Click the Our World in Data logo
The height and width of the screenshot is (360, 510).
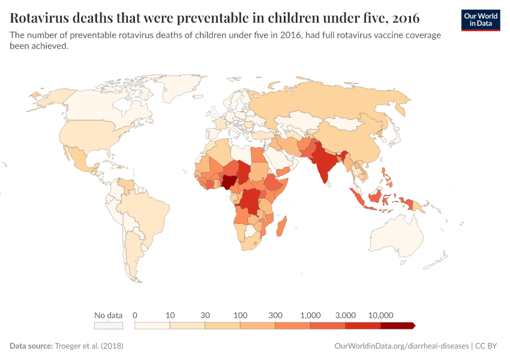pos(480,20)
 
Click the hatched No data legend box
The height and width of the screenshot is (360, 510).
pos(109,326)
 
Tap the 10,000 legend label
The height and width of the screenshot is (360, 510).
pos(380,315)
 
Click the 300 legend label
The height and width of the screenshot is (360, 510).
pos(275,315)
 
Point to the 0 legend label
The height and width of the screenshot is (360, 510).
pos(135,315)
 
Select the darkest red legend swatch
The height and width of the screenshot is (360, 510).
pos(397,326)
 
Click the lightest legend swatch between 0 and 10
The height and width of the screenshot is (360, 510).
pos(152,326)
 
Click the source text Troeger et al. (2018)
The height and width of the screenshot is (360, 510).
pos(89,346)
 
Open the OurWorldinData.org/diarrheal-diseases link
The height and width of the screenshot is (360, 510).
pos(401,346)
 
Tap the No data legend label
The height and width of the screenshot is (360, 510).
pos(109,315)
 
